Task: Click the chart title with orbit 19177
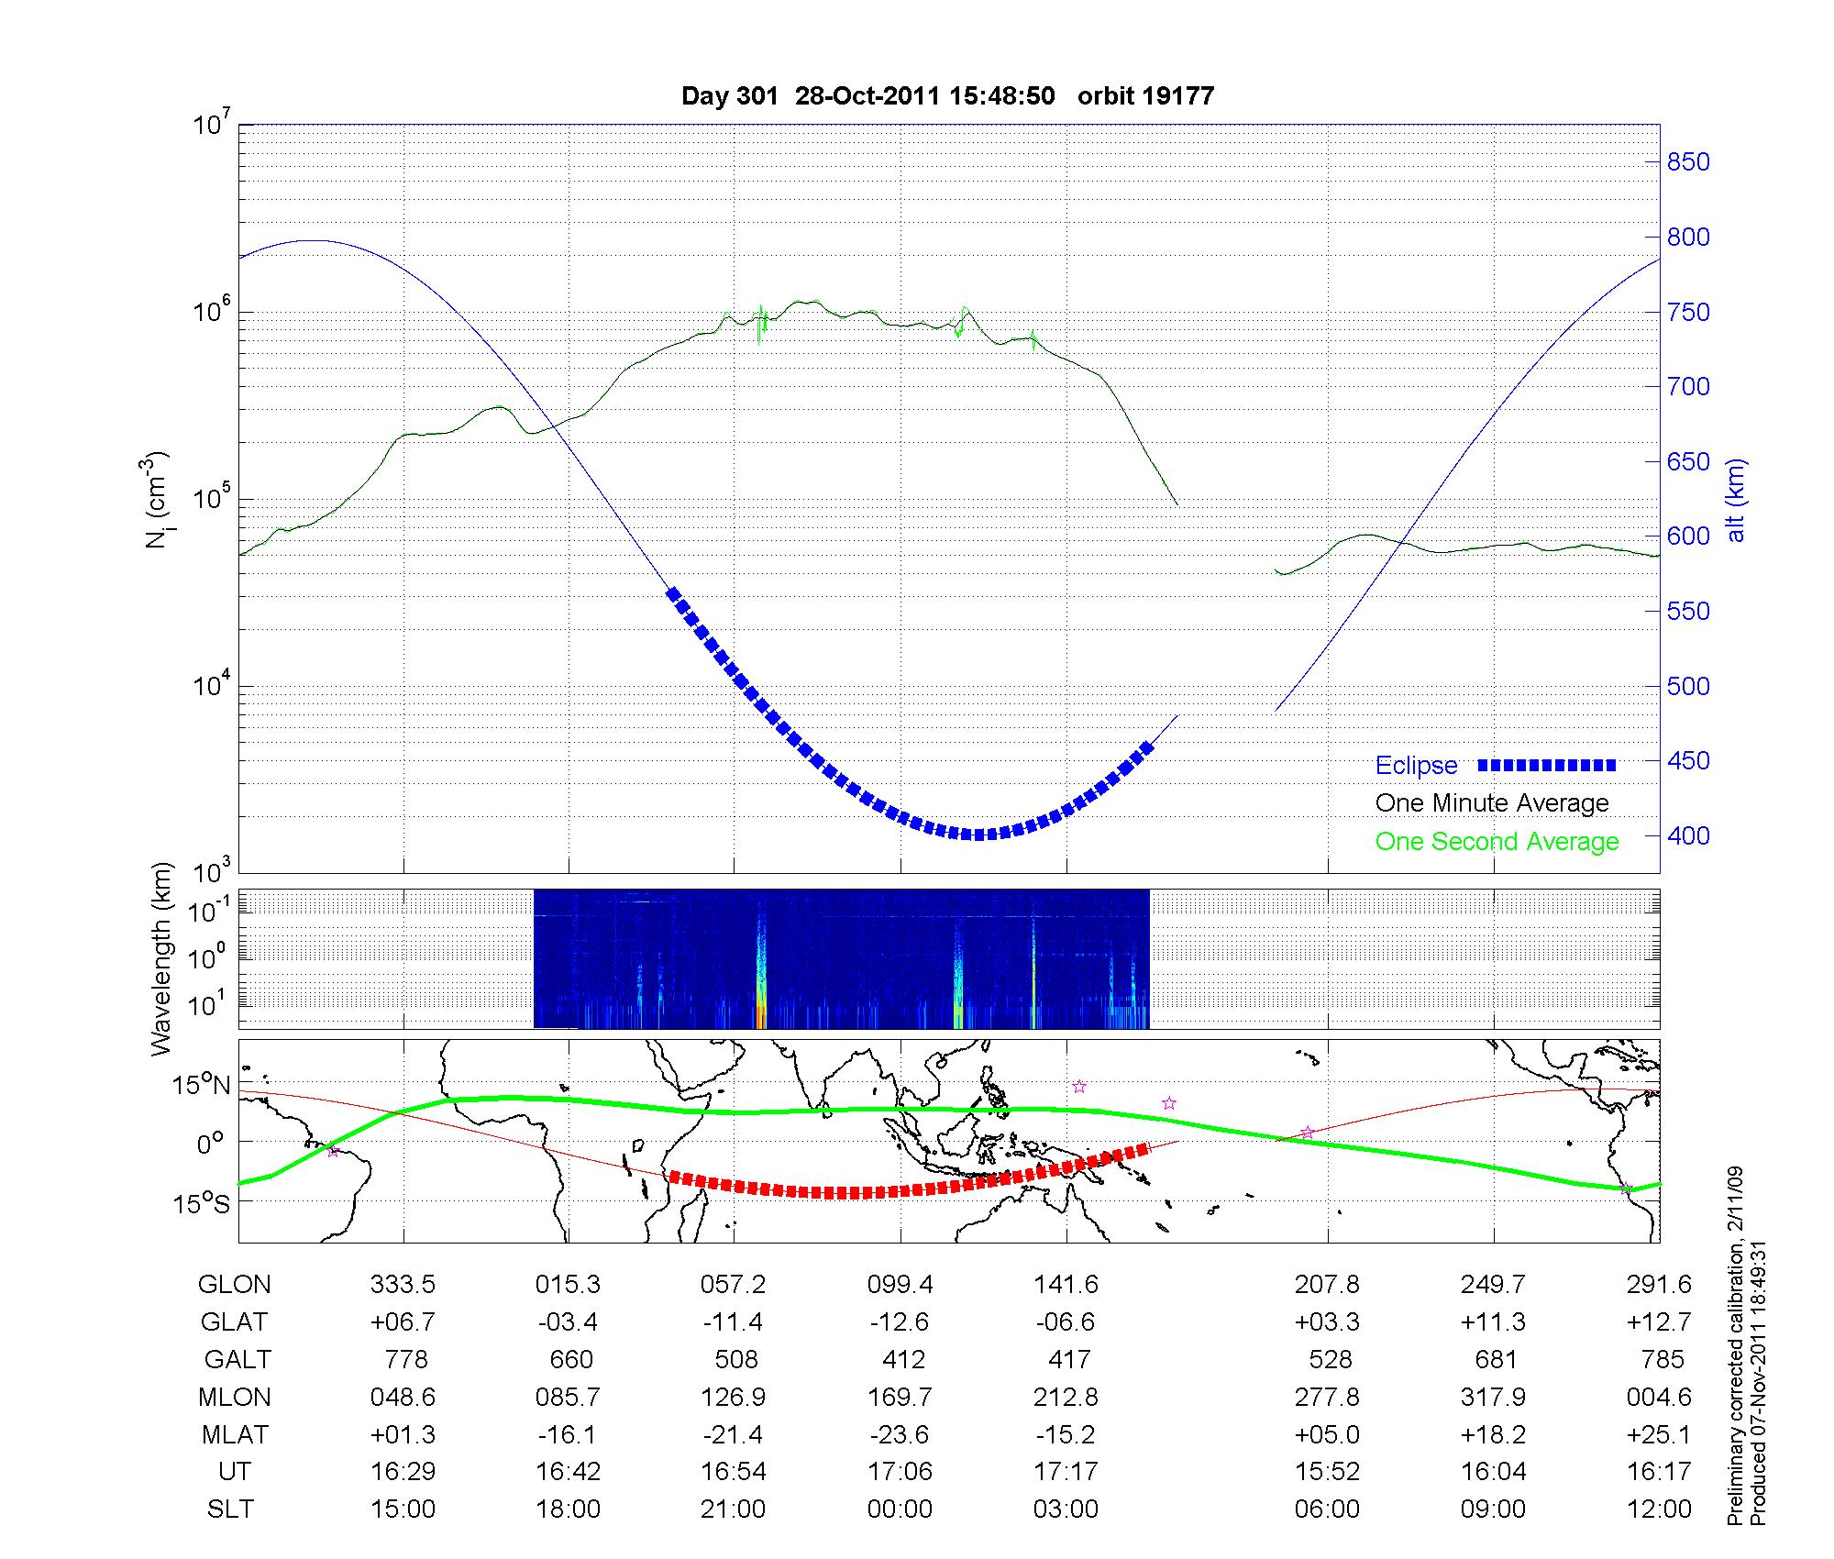click(947, 95)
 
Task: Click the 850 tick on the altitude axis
click(1687, 162)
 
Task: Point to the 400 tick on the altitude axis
click(1687, 835)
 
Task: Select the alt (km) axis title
click(1736, 500)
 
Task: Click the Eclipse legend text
click(1416, 765)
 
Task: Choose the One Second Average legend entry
click(1497, 841)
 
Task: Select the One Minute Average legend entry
click(1492, 803)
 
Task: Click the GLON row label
click(234, 1284)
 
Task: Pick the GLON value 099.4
click(900, 1284)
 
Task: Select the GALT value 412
click(903, 1359)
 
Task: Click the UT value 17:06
click(900, 1471)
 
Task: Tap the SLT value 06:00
click(1327, 1509)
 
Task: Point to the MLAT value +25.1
click(1659, 1433)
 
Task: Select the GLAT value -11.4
click(733, 1321)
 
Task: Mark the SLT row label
click(230, 1509)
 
